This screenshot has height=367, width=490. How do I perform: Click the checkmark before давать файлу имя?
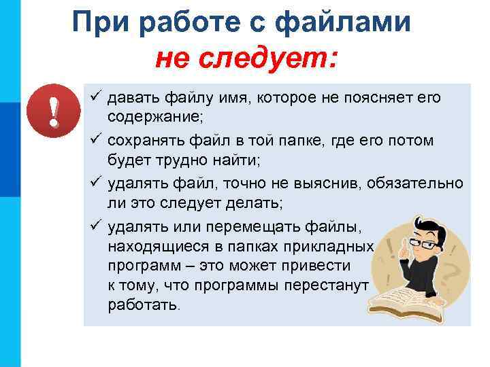(95, 99)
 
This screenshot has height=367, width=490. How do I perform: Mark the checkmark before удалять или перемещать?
(95, 225)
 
